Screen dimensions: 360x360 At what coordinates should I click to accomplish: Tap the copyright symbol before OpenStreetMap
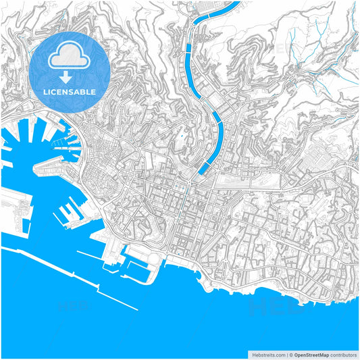click(x=290, y=354)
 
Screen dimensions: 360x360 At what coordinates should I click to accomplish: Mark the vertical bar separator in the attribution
click(x=286, y=354)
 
